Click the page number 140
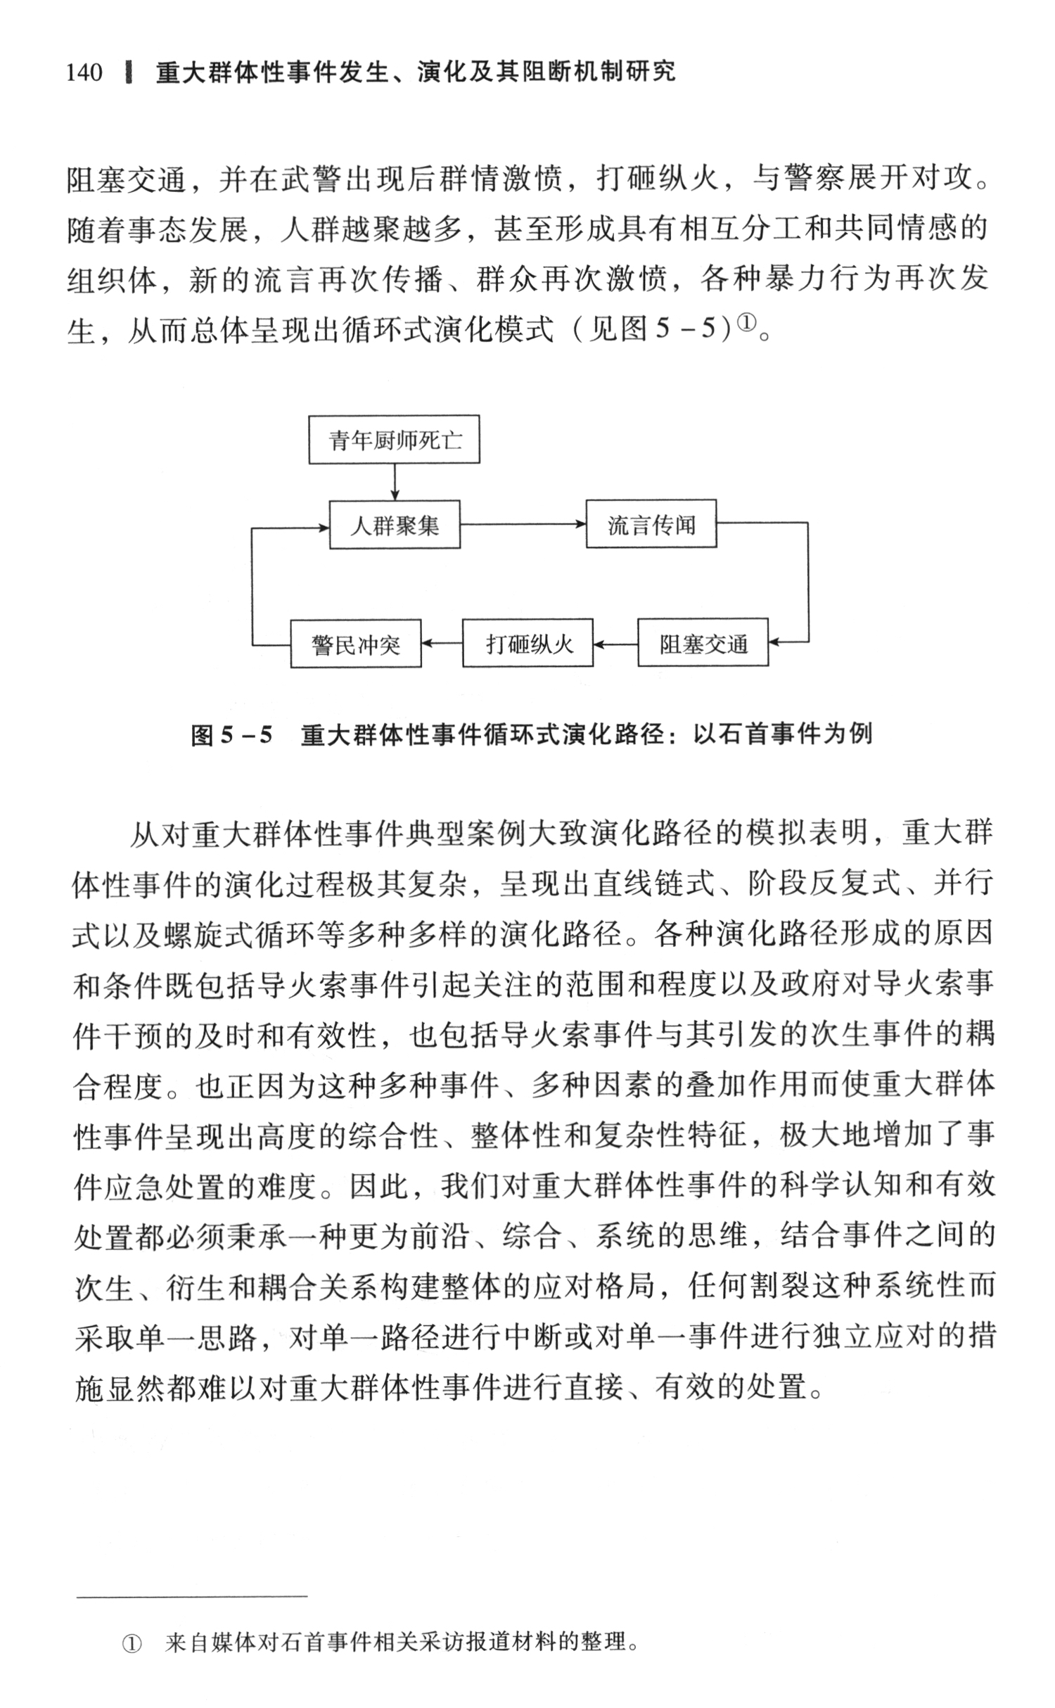coord(84,72)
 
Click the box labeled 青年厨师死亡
coord(394,440)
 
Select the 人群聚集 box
coord(395,525)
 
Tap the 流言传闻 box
coord(651,524)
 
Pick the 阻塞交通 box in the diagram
coord(703,643)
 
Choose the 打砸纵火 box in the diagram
coord(527,643)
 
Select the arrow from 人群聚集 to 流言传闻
coord(523,524)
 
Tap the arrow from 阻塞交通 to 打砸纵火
coord(615,643)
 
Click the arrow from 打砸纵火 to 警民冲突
coord(442,643)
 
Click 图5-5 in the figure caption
coord(231,735)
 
